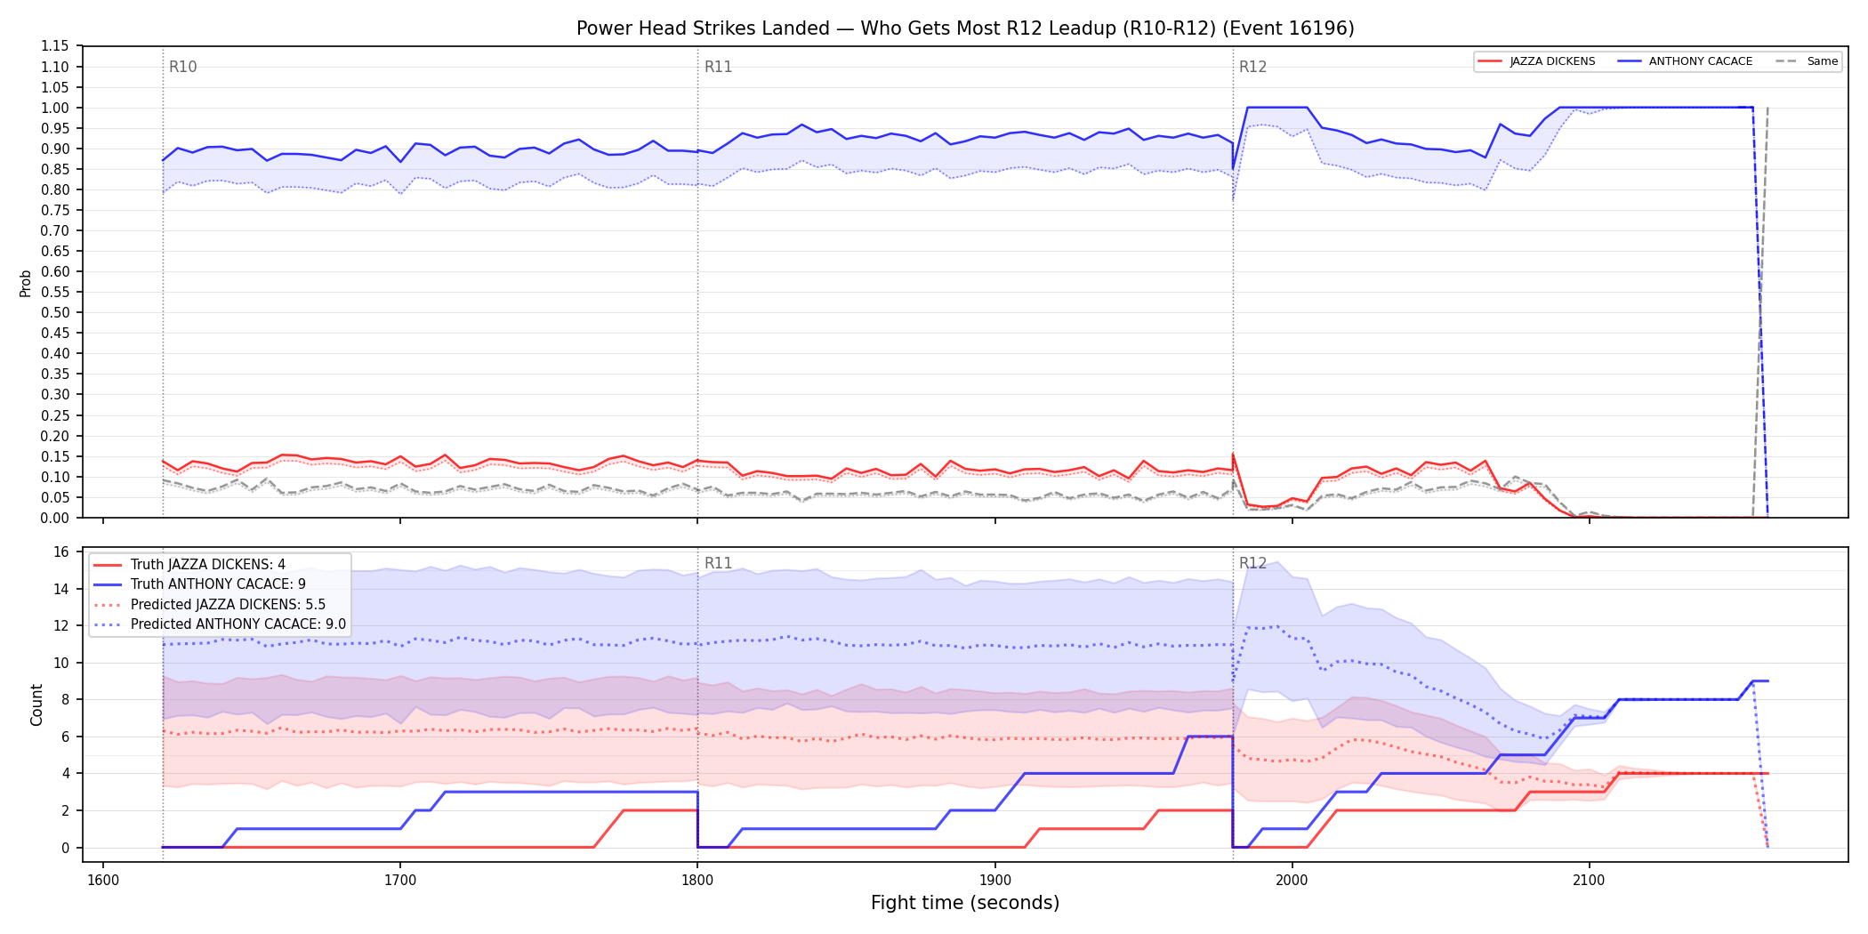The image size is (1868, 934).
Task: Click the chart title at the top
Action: click(x=965, y=28)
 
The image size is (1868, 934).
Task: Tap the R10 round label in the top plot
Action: click(x=183, y=67)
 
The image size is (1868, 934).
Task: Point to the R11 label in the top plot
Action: click(x=718, y=67)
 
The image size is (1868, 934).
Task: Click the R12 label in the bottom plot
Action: click(x=1252, y=563)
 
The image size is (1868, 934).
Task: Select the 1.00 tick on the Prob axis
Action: click(x=55, y=108)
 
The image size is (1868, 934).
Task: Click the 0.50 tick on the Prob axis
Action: click(x=55, y=312)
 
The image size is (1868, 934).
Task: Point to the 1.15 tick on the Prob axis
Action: click(x=55, y=46)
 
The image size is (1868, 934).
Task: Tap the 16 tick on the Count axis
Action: click(x=61, y=552)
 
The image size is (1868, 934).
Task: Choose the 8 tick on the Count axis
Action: click(x=65, y=700)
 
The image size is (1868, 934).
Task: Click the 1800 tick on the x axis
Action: click(x=697, y=881)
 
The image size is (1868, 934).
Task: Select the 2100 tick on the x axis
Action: click(x=1589, y=881)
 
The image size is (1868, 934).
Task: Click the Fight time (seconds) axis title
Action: click(x=965, y=903)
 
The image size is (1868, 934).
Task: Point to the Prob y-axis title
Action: click(x=26, y=283)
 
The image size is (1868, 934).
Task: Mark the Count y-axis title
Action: click(x=36, y=705)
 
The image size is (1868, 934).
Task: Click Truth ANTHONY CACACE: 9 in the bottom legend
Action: click(x=218, y=584)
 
